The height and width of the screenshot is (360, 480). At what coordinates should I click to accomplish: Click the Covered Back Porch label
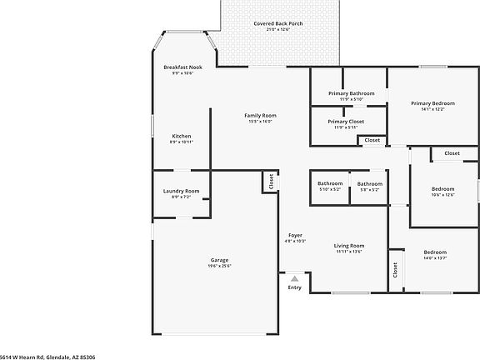click(x=278, y=23)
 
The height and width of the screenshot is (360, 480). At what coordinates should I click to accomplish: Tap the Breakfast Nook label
click(x=182, y=67)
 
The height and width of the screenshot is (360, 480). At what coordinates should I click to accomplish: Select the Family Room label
click(x=260, y=115)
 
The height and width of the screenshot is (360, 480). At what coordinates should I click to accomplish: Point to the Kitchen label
click(x=182, y=136)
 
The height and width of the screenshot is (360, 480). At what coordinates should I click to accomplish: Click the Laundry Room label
click(x=181, y=191)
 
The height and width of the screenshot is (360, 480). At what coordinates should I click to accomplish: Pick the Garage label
click(x=219, y=260)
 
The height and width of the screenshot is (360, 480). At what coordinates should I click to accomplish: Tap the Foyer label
click(x=296, y=235)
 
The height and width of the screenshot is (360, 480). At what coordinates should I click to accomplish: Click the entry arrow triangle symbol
click(x=294, y=278)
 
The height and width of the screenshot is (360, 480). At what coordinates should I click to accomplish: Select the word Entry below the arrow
click(x=295, y=287)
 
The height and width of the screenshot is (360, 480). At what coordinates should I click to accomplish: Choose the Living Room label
click(x=349, y=245)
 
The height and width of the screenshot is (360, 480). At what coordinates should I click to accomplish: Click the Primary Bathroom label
click(x=351, y=93)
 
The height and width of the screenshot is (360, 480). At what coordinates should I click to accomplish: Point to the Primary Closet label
click(x=350, y=122)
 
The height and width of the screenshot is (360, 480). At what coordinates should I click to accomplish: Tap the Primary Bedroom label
click(x=432, y=103)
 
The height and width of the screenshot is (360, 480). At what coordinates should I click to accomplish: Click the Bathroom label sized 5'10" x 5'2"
click(x=330, y=183)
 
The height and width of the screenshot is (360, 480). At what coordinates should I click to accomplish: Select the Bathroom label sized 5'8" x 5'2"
click(x=370, y=183)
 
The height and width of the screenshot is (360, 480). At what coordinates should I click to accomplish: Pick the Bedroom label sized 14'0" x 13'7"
click(x=435, y=252)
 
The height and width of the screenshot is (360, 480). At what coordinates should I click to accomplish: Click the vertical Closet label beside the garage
click(x=272, y=181)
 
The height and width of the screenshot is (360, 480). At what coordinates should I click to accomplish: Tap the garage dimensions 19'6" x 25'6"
click(x=219, y=266)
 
